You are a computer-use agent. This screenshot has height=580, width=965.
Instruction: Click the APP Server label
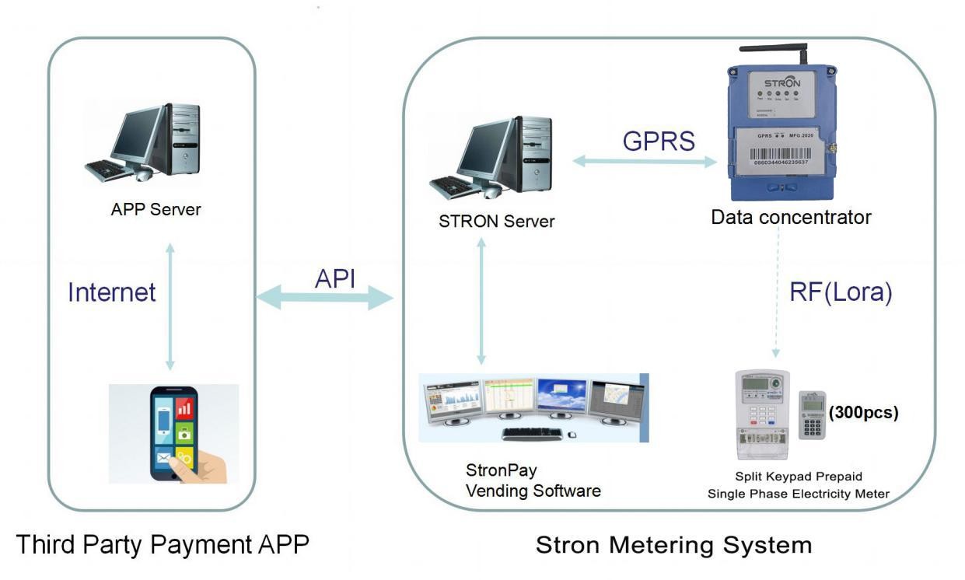point(156,209)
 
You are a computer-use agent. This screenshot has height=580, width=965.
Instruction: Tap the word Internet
point(112,292)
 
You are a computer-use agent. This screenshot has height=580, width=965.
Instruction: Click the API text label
point(335,278)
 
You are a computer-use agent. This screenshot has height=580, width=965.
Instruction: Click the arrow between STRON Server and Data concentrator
point(645,162)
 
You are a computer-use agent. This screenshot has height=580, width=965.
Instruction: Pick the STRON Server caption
point(497,221)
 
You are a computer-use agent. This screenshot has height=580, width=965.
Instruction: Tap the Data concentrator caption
point(791,217)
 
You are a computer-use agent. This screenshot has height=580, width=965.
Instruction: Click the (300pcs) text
point(865,413)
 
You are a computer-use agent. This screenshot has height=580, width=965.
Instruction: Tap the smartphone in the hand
point(171,435)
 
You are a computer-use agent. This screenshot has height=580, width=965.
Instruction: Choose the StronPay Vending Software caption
point(533,480)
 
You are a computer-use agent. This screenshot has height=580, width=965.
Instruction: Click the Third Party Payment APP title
point(163,544)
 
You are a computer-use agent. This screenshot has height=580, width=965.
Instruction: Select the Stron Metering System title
point(673,544)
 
